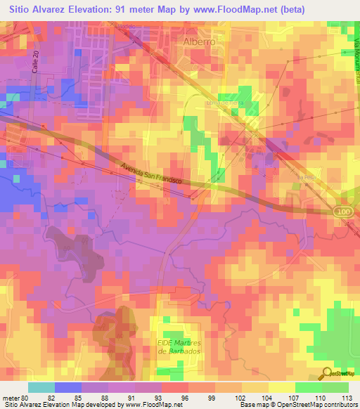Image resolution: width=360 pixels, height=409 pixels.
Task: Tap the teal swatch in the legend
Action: [x=41, y=387]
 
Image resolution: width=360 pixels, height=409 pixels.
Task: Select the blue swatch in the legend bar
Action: [x=67, y=387]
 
